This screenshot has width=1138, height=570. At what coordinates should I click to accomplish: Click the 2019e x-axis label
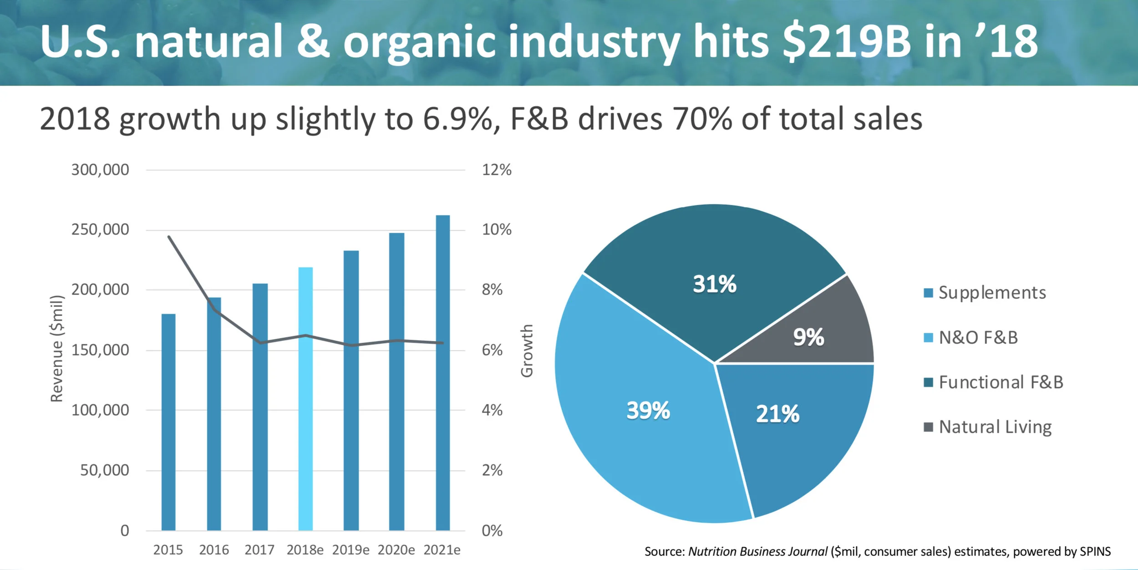(x=351, y=550)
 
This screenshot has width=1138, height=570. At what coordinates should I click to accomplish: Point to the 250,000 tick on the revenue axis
(x=100, y=229)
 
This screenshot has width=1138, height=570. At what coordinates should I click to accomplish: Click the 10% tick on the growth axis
(x=497, y=229)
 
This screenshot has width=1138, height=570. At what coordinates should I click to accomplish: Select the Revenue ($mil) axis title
(x=57, y=349)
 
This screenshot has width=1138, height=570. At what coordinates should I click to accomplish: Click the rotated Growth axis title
(x=527, y=351)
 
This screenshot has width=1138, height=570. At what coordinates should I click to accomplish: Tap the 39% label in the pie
(x=648, y=410)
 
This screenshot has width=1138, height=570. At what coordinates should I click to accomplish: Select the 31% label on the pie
(x=714, y=284)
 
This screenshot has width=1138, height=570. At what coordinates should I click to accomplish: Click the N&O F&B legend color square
(x=928, y=338)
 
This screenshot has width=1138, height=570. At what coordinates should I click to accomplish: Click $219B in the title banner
(x=847, y=42)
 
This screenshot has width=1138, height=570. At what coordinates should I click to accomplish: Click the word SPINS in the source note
(x=1095, y=552)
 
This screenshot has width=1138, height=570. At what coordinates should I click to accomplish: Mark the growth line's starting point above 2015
(x=169, y=237)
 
